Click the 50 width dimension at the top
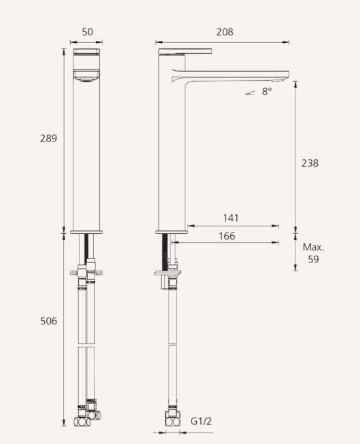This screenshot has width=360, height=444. [x=87, y=32]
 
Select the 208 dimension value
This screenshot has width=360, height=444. [x=224, y=32]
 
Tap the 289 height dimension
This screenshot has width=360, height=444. [x=48, y=138]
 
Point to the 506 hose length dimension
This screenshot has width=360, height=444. [x=48, y=321]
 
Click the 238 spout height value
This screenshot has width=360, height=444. [x=310, y=163]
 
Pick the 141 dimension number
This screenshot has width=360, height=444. [x=231, y=218]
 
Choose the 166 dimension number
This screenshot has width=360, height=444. [x=227, y=236]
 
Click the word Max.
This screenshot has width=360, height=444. [x=313, y=247]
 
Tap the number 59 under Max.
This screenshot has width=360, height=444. [x=313, y=259]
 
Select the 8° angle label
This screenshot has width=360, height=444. [x=266, y=91]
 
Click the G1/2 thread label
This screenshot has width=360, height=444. [x=201, y=421]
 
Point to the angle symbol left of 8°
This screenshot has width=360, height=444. [x=250, y=92]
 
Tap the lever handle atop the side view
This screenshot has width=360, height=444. [x=185, y=51]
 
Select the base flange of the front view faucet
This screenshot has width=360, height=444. [x=86, y=232]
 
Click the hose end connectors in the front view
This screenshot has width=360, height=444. [x=87, y=417]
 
